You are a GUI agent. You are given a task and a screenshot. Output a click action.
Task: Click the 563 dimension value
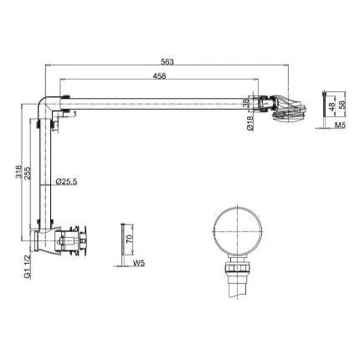point(167,62)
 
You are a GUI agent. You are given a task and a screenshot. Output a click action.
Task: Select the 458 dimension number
point(159,76)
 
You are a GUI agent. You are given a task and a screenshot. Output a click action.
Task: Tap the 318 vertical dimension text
point(18,172)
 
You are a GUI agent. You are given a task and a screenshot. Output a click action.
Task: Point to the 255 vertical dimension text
point(28,173)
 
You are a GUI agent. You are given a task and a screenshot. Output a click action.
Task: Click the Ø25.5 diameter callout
point(66,182)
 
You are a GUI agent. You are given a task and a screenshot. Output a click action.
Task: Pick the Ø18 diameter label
point(250,123)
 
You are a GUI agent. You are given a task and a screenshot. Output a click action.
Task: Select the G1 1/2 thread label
point(28,267)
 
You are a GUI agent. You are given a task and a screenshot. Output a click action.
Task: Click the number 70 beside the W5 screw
point(130,239)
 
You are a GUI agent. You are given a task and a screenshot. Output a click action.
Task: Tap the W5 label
point(139,263)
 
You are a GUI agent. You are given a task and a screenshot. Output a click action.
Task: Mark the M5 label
point(340,126)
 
